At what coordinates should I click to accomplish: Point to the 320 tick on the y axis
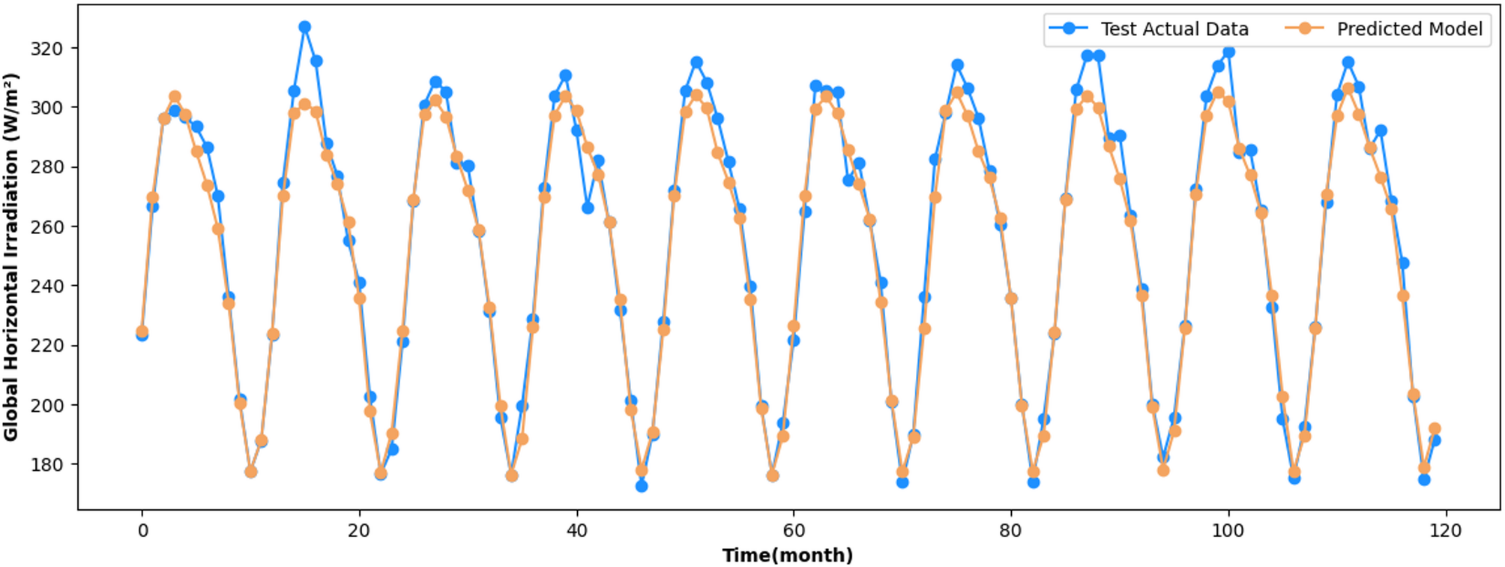[x=46, y=49]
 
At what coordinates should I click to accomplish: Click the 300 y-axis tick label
[x=46, y=108]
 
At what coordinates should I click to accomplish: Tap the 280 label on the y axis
[x=46, y=167]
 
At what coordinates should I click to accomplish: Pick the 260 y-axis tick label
[x=46, y=226]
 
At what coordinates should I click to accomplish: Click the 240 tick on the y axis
[x=46, y=286]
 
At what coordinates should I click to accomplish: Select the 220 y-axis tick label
[x=46, y=346]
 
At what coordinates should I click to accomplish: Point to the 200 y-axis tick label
[x=46, y=405]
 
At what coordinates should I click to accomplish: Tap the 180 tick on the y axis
[x=46, y=465]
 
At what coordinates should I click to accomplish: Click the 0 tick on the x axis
[x=142, y=531]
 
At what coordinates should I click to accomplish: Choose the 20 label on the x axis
[x=359, y=531]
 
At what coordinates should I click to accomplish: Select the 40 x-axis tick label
[x=576, y=531]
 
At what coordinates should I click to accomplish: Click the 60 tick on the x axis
[x=794, y=531]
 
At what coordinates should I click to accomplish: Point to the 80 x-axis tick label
[x=1010, y=531]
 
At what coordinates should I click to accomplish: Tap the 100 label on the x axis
[x=1228, y=531]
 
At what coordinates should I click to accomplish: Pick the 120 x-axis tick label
[x=1445, y=531]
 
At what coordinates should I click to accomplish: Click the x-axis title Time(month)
[x=788, y=555]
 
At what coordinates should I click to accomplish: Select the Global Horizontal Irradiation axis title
[x=11, y=257]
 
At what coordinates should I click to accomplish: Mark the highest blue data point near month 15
[x=304, y=27]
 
